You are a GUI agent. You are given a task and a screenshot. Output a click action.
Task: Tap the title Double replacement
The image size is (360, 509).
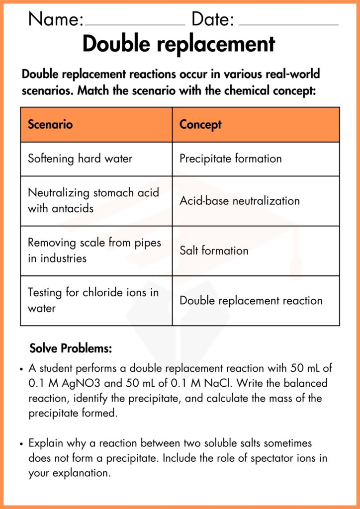(x=179, y=44)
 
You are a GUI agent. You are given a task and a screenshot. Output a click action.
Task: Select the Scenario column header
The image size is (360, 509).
(x=50, y=124)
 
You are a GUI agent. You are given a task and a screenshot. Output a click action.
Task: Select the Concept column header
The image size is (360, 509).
(x=200, y=124)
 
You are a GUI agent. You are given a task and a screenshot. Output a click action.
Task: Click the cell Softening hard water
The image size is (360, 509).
(x=80, y=159)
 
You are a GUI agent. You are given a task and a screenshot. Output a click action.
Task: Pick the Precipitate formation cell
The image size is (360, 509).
(x=231, y=159)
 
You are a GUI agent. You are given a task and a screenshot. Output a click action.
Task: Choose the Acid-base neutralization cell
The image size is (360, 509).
(x=240, y=201)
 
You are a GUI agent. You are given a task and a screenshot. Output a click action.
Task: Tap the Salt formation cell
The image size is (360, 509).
(x=214, y=251)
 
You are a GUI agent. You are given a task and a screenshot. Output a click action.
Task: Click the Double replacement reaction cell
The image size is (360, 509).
(x=251, y=300)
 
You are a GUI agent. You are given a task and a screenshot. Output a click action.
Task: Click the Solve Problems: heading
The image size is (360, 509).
(x=71, y=348)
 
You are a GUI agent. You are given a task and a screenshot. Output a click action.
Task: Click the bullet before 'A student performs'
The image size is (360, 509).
(x=21, y=369)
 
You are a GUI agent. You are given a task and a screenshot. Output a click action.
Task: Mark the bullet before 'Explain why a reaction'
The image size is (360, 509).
(x=21, y=443)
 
